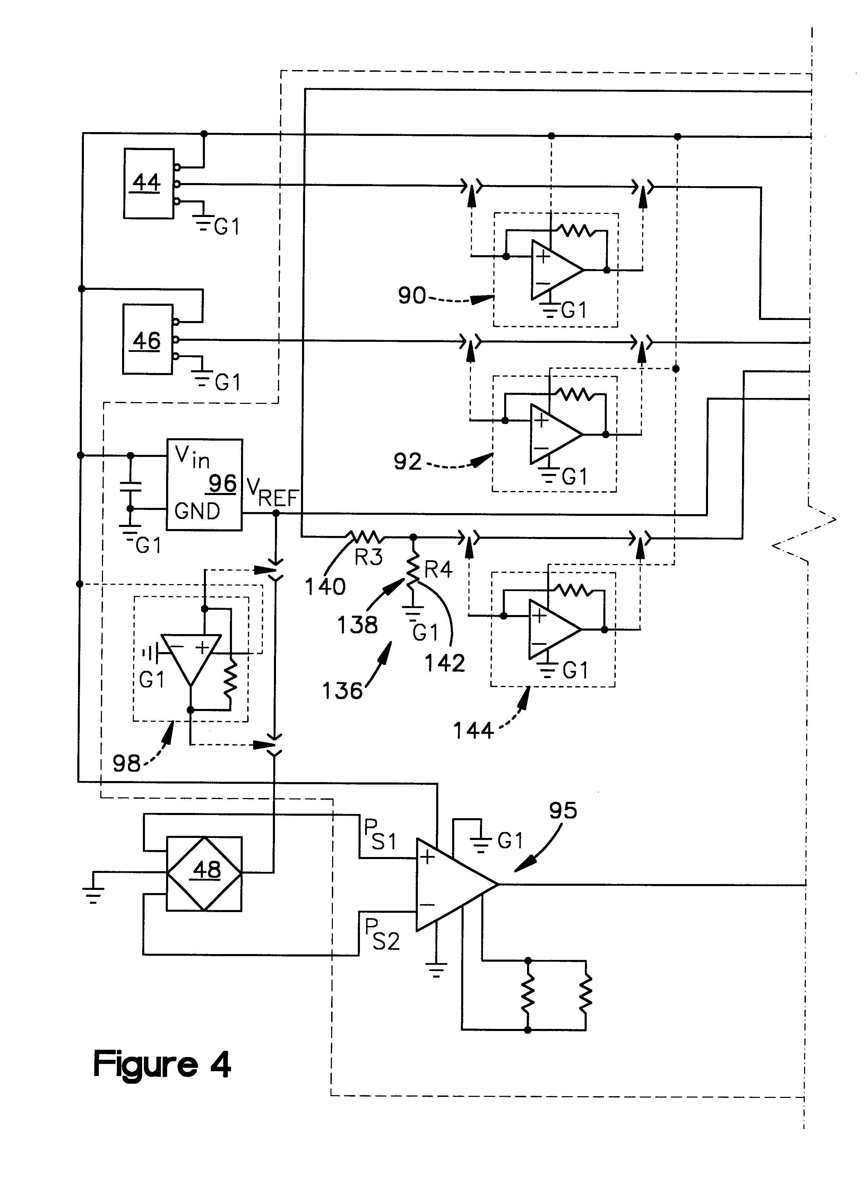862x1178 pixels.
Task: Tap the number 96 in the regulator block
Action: [x=222, y=484]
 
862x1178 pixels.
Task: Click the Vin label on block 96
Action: [x=192, y=458]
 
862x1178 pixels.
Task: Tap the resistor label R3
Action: [x=368, y=558]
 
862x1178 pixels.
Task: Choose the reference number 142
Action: [x=445, y=663]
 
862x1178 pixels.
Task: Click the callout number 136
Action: [x=342, y=691]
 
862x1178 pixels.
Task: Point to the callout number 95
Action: [x=563, y=810]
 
